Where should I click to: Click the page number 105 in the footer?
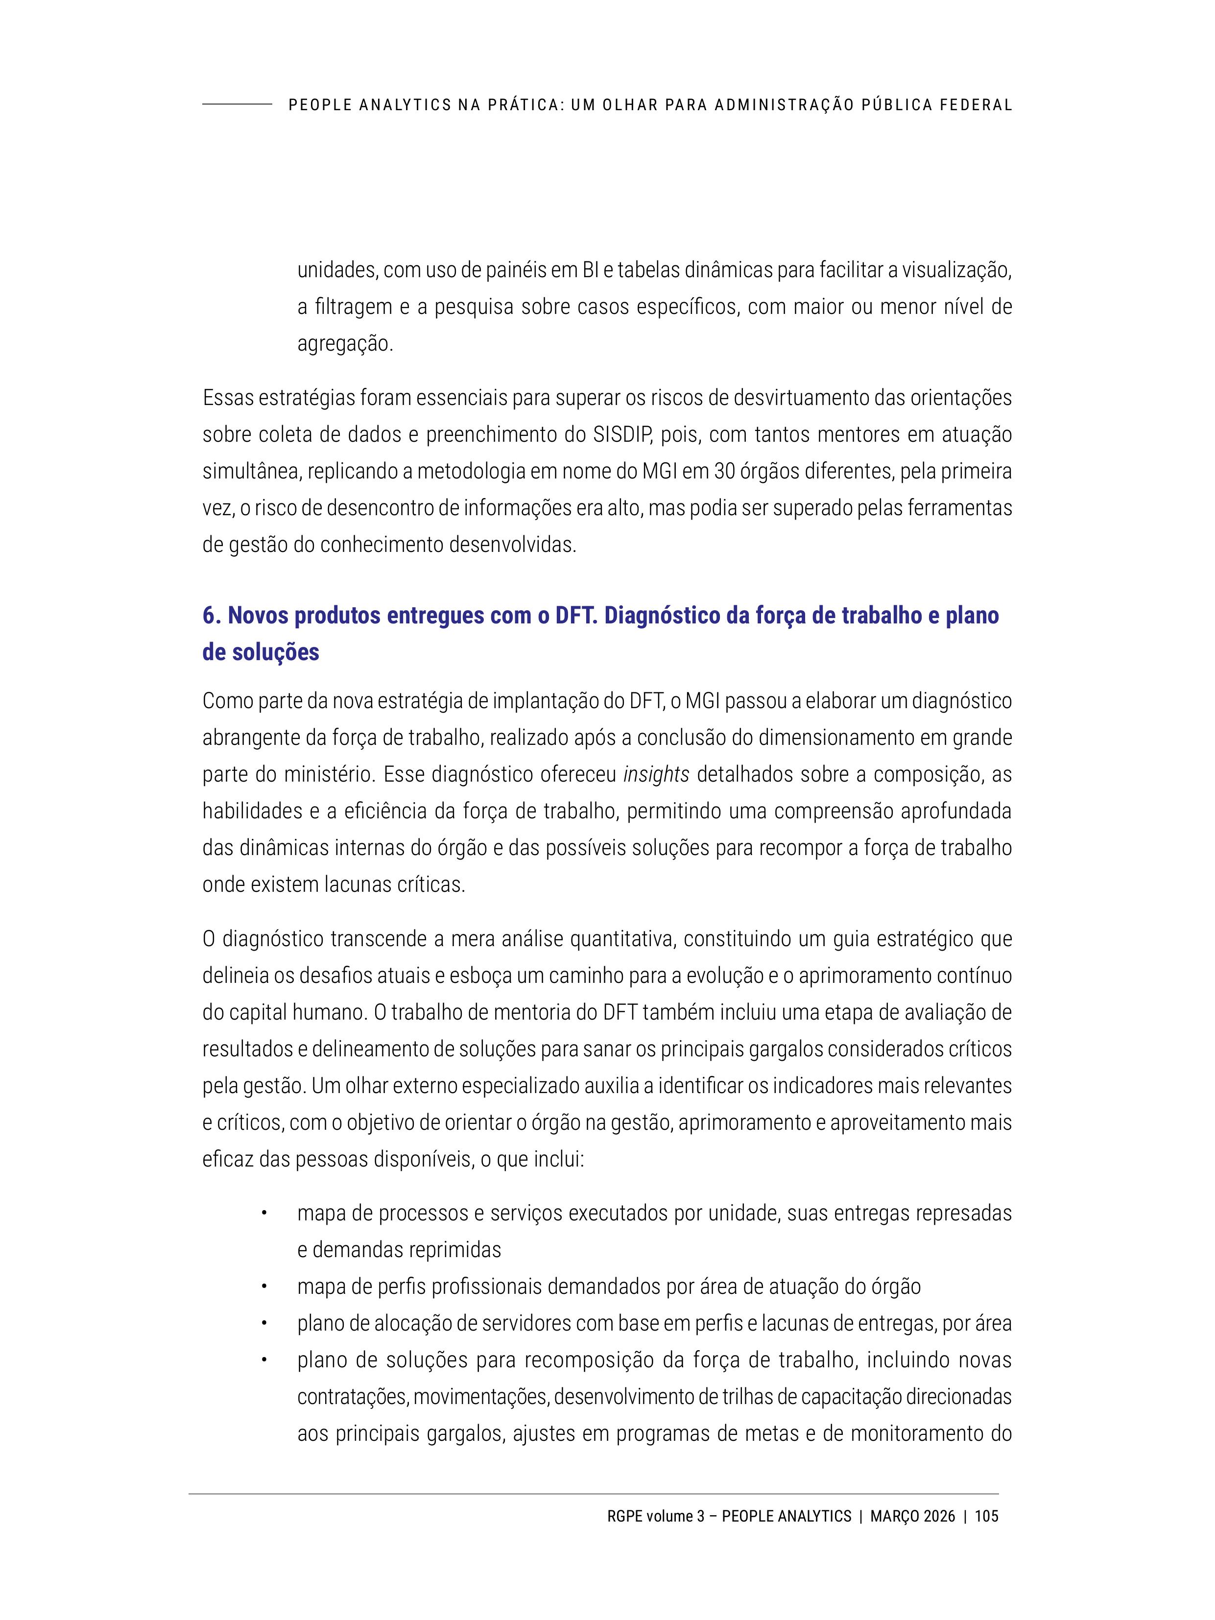(986, 1516)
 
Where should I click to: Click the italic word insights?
(656, 775)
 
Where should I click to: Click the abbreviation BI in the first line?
(590, 270)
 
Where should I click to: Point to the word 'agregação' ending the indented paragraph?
(345, 343)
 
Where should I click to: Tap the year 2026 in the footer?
(939, 1516)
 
